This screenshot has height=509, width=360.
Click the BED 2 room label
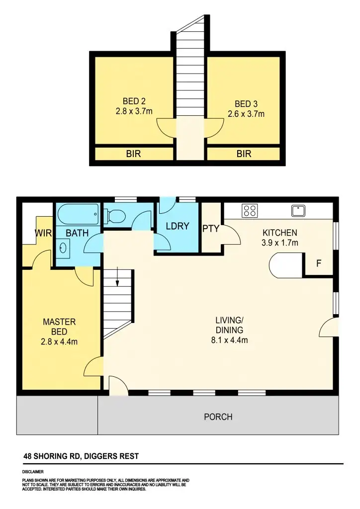pyautogui.click(x=134, y=101)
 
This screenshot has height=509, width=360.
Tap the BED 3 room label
pyautogui.click(x=246, y=104)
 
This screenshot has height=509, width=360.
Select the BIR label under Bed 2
pyautogui.click(x=133, y=154)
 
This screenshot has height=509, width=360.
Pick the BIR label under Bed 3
pyautogui.click(x=244, y=154)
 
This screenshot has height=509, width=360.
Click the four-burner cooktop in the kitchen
pyautogui.click(x=249, y=211)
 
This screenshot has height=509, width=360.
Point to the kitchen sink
pyautogui.click(x=298, y=211)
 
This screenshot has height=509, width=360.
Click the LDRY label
pyautogui.click(x=177, y=226)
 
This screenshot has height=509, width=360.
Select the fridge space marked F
pyautogui.click(x=318, y=264)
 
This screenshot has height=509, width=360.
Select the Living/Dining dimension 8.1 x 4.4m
pyautogui.click(x=229, y=340)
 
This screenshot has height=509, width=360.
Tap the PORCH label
pyautogui.click(x=218, y=417)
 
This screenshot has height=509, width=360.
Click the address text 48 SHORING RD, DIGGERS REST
pyautogui.click(x=81, y=456)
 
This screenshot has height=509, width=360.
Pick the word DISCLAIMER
pyautogui.click(x=33, y=471)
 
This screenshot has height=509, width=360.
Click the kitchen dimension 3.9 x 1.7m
pyautogui.click(x=279, y=243)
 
